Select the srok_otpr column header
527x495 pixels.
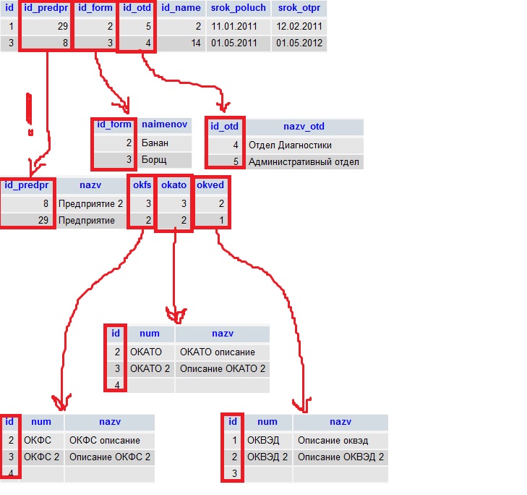[x=299, y=9]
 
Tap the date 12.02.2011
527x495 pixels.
[x=299, y=27]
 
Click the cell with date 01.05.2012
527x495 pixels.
[x=299, y=43]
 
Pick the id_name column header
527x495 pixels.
[x=181, y=9]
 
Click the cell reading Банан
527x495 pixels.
[x=166, y=143]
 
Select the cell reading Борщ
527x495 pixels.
[x=166, y=160]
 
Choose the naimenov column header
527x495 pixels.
[x=166, y=125]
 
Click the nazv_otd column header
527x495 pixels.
[x=304, y=127]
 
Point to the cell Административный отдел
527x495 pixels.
[x=304, y=161]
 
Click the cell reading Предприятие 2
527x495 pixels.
[x=91, y=203]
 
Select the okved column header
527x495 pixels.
[x=211, y=185]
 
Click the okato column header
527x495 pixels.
[x=174, y=185]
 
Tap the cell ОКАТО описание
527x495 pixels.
[x=222, y=352]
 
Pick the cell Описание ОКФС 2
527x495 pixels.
[x=109, y=457]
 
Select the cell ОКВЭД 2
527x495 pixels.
[x=267, y=457]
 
